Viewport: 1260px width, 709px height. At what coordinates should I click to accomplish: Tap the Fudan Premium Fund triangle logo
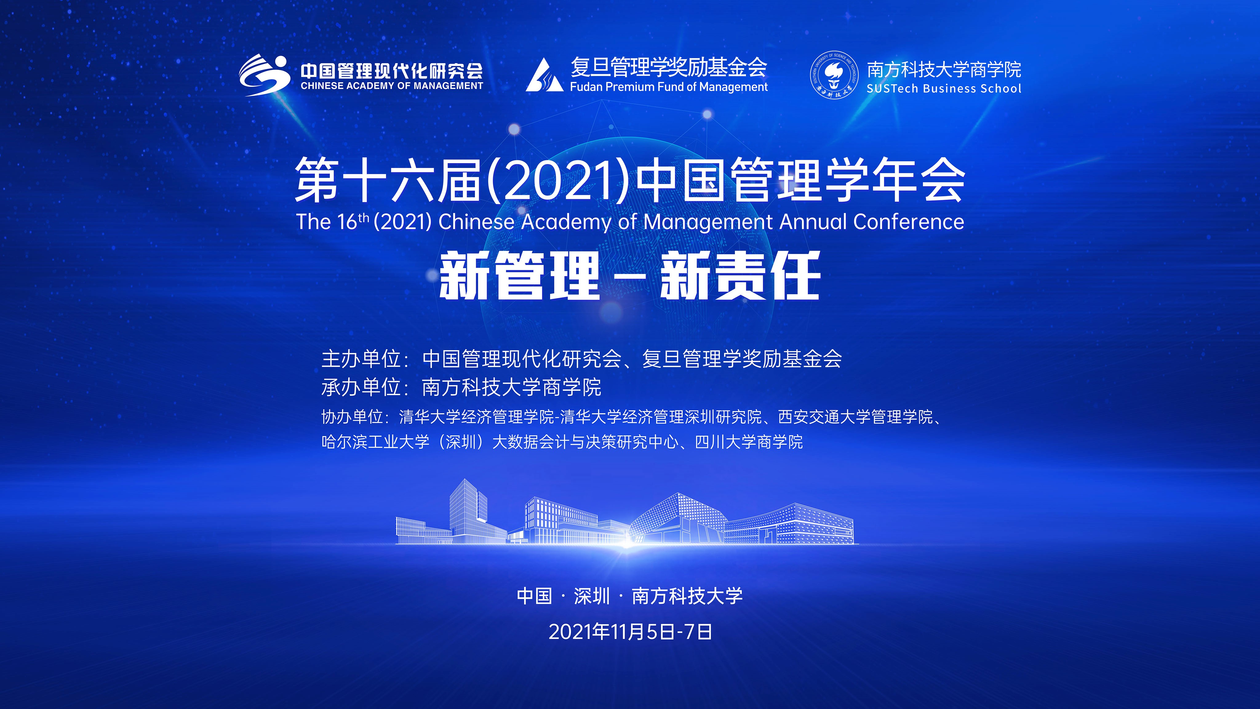[x=544, y=75]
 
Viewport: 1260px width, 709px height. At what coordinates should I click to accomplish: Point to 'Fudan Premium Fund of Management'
[x=669, y=87]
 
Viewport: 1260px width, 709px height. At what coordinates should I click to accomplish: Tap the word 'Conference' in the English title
[x=908, y=222]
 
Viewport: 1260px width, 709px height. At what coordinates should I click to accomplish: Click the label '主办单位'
[x=361, y=359]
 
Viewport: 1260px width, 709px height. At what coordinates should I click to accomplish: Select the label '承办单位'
[x=361, y=387]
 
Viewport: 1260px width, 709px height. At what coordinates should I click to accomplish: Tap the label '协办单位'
[x=352, y=417]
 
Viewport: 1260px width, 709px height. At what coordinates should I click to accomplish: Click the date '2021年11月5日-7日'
[x=630, y=632]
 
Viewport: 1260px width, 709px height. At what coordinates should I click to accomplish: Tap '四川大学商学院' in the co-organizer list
[x=749, y=442]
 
